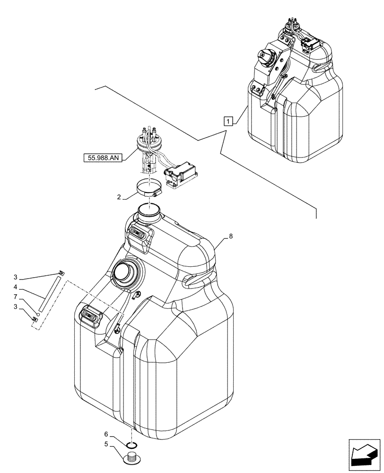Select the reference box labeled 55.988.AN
(104, 158)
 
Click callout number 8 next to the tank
(230, 236)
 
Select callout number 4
(16, 287)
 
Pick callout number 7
(16, 297)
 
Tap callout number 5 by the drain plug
(106, 444)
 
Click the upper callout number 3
(16, 277)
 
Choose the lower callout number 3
(16, 307)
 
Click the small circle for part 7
(38, 313)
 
